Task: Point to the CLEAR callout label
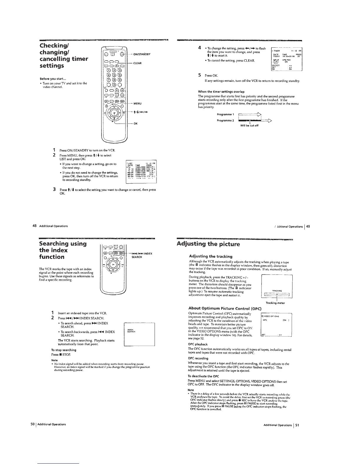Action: (x=138, y=63)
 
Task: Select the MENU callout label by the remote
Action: (x=137, y=104)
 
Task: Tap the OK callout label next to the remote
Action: (x=136, y=124)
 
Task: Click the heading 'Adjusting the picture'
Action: (x=208, y=244)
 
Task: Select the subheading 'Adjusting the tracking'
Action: (x=211, y=256)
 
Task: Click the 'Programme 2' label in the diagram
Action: (x=225, y=120)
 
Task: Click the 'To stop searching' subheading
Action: (x=64, y=350)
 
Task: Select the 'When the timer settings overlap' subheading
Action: (x=221, y=91)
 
